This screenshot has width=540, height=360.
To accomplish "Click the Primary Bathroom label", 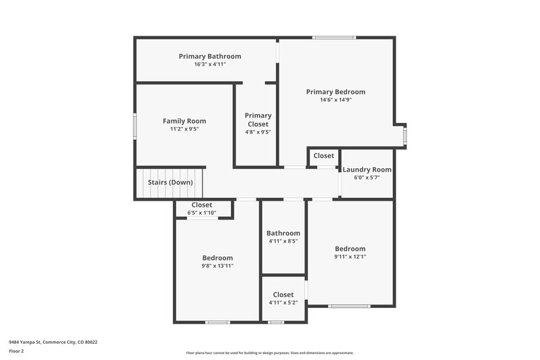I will pyautogui.click(x=209, y=56).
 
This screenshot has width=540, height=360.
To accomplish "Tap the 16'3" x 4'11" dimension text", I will pyautogui.click(x=209, y=64).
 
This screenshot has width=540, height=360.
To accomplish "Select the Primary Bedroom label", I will pyautogui.click(x=335, y=92).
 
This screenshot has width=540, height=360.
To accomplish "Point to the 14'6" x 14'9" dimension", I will pyautogui.click(x=335, y=100).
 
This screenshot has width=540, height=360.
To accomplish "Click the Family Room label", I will pyautogui.click(x=184, y=121).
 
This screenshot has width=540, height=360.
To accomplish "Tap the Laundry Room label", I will pyautogui.click(x=367, y=170).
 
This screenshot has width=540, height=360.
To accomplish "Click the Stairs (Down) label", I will pyautogui.click(x=171, y=182).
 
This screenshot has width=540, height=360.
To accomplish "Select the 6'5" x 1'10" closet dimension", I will pyautogui.click(x=202, y=213).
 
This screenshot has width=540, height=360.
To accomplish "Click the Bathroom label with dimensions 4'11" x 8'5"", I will pyautogui.click(x=283, y=233).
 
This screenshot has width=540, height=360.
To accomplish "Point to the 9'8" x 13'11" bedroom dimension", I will pyautogui.click(x=217, y=266).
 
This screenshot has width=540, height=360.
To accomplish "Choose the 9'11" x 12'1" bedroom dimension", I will pyautogui.click(x=350, y=257).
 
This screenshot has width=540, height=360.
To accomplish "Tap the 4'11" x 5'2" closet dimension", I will pyautogui.click(x=283, y=303).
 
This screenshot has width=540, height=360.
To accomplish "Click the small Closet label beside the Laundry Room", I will pyautogui.click(x=323, y=156).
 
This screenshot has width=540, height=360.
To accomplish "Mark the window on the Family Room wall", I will pyautogui.click(x=135, y=126).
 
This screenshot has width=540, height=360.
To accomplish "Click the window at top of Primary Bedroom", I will pyautogui.click(x=334, y=38).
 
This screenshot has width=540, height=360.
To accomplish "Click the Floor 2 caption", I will pyautogui.click(x=16, y=351).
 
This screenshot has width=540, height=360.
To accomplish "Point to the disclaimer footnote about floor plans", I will pyautogui.click(x=269, y=353).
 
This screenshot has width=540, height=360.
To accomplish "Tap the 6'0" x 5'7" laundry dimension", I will pyautogui.click(x=367, y=178).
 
